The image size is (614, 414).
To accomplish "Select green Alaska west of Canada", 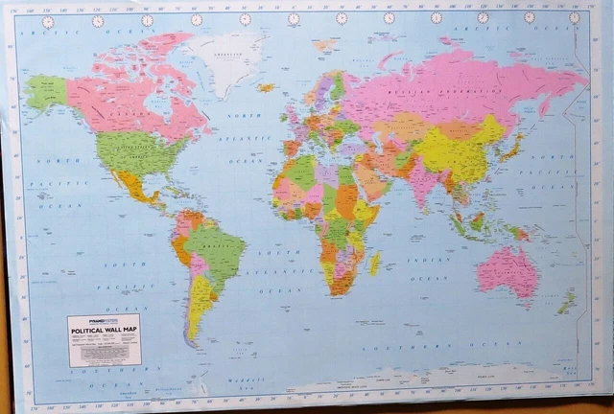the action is tap(46, 92).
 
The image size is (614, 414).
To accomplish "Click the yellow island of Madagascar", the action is tap(374, 261).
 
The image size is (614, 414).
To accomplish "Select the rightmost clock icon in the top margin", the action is tap(574, 18).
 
